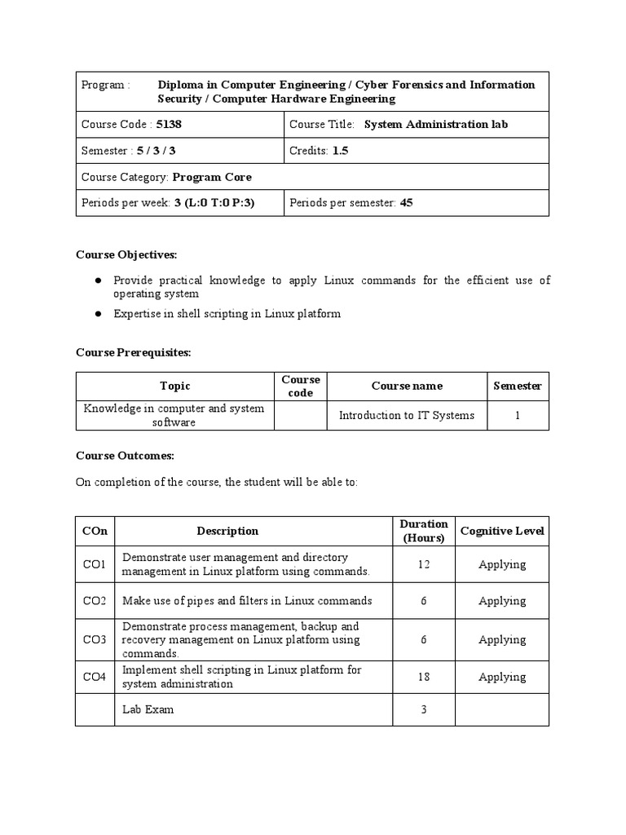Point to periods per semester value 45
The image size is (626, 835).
click(406, 203)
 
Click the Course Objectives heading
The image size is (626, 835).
click(126, 254)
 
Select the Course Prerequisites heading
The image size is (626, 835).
click(133, 352)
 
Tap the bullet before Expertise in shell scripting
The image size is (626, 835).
click(97, 313)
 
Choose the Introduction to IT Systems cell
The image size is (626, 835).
click(406, 415)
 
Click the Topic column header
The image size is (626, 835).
click(174, 386)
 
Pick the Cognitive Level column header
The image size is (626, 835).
click(502, 531)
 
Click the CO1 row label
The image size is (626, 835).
click(95, 564)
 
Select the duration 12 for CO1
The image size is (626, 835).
click(424, 564)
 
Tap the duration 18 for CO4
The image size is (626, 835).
click(424, 677)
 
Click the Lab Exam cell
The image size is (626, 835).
click(148, 709)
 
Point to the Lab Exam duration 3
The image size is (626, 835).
click(424, 709)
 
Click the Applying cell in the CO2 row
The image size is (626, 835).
click(502, 601)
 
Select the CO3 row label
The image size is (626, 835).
click(95, 640)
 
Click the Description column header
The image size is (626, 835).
click(227, 531)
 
